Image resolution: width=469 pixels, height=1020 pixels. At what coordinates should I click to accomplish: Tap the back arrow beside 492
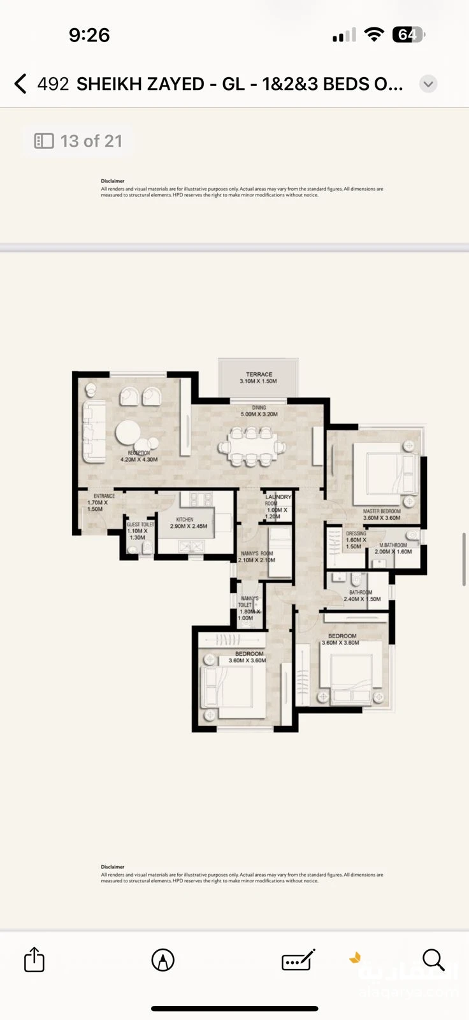pyautogui.click(x=20, y=84)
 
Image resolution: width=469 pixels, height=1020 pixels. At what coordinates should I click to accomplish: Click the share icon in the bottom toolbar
pyautogui.click(x=34, y=959)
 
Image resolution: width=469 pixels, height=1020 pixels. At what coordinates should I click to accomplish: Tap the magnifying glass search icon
pyautogui.click(x=433, y=959)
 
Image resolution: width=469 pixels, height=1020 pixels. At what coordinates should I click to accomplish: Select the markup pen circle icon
pyautogui.click(x=163, y=959)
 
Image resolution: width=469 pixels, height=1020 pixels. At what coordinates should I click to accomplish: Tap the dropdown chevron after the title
pyautogui.click(x=428, y=84)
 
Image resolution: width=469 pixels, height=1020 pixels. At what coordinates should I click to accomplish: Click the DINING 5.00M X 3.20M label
pyautogui.click(x=259, y=411)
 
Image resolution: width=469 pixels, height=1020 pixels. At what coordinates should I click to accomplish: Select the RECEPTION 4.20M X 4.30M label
pyautogui.click(x=139, y=456)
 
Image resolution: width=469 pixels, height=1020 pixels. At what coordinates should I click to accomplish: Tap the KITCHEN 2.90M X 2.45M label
pyautogui.click(x=188, y=523)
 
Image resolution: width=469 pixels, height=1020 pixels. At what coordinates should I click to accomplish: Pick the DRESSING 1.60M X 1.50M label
pyautogui.click(x=356, y=540)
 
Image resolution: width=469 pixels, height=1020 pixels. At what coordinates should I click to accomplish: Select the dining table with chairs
pyautogui.click(x=252, y=446)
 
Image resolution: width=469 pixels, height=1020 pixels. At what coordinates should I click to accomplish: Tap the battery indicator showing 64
pyautogui.click(x=408, y=34)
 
